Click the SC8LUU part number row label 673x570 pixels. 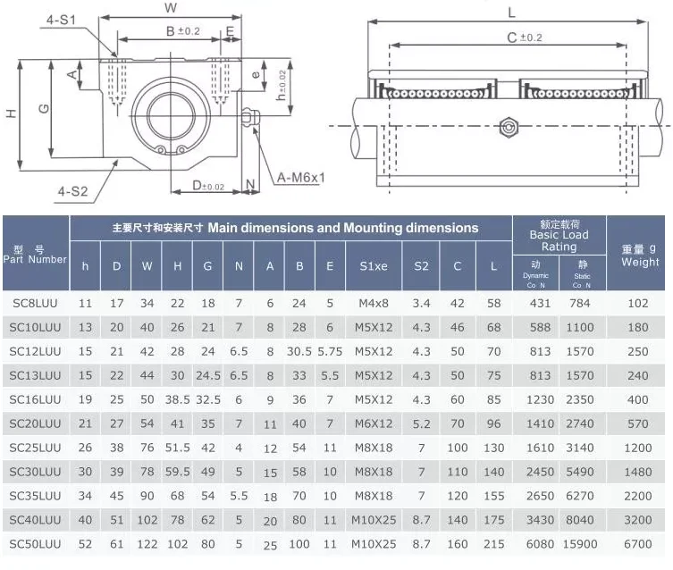35,303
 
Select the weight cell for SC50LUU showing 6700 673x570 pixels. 638,544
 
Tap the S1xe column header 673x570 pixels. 374,266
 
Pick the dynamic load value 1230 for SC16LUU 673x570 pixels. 540,399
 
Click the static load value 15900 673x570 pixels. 580,544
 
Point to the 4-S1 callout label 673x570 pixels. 62,20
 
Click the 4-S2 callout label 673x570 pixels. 72,191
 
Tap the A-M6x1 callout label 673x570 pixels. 301,178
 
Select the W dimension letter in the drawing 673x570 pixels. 171,8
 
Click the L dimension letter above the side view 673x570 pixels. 511,13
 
